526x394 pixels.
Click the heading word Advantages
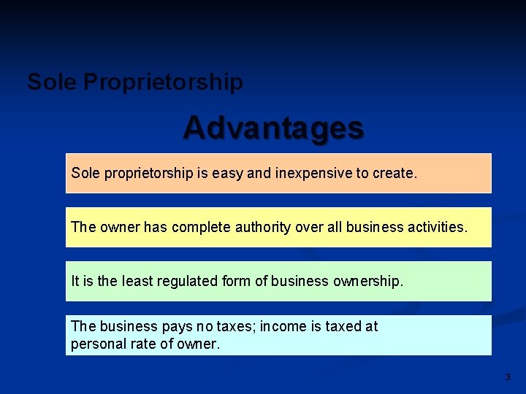[273, 128]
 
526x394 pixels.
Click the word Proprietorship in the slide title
[163, 82]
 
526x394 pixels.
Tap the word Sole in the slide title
[52, 82]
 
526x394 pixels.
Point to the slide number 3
[508, 377]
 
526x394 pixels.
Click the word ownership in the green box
[368, 281]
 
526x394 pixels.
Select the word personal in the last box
[96, 344]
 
